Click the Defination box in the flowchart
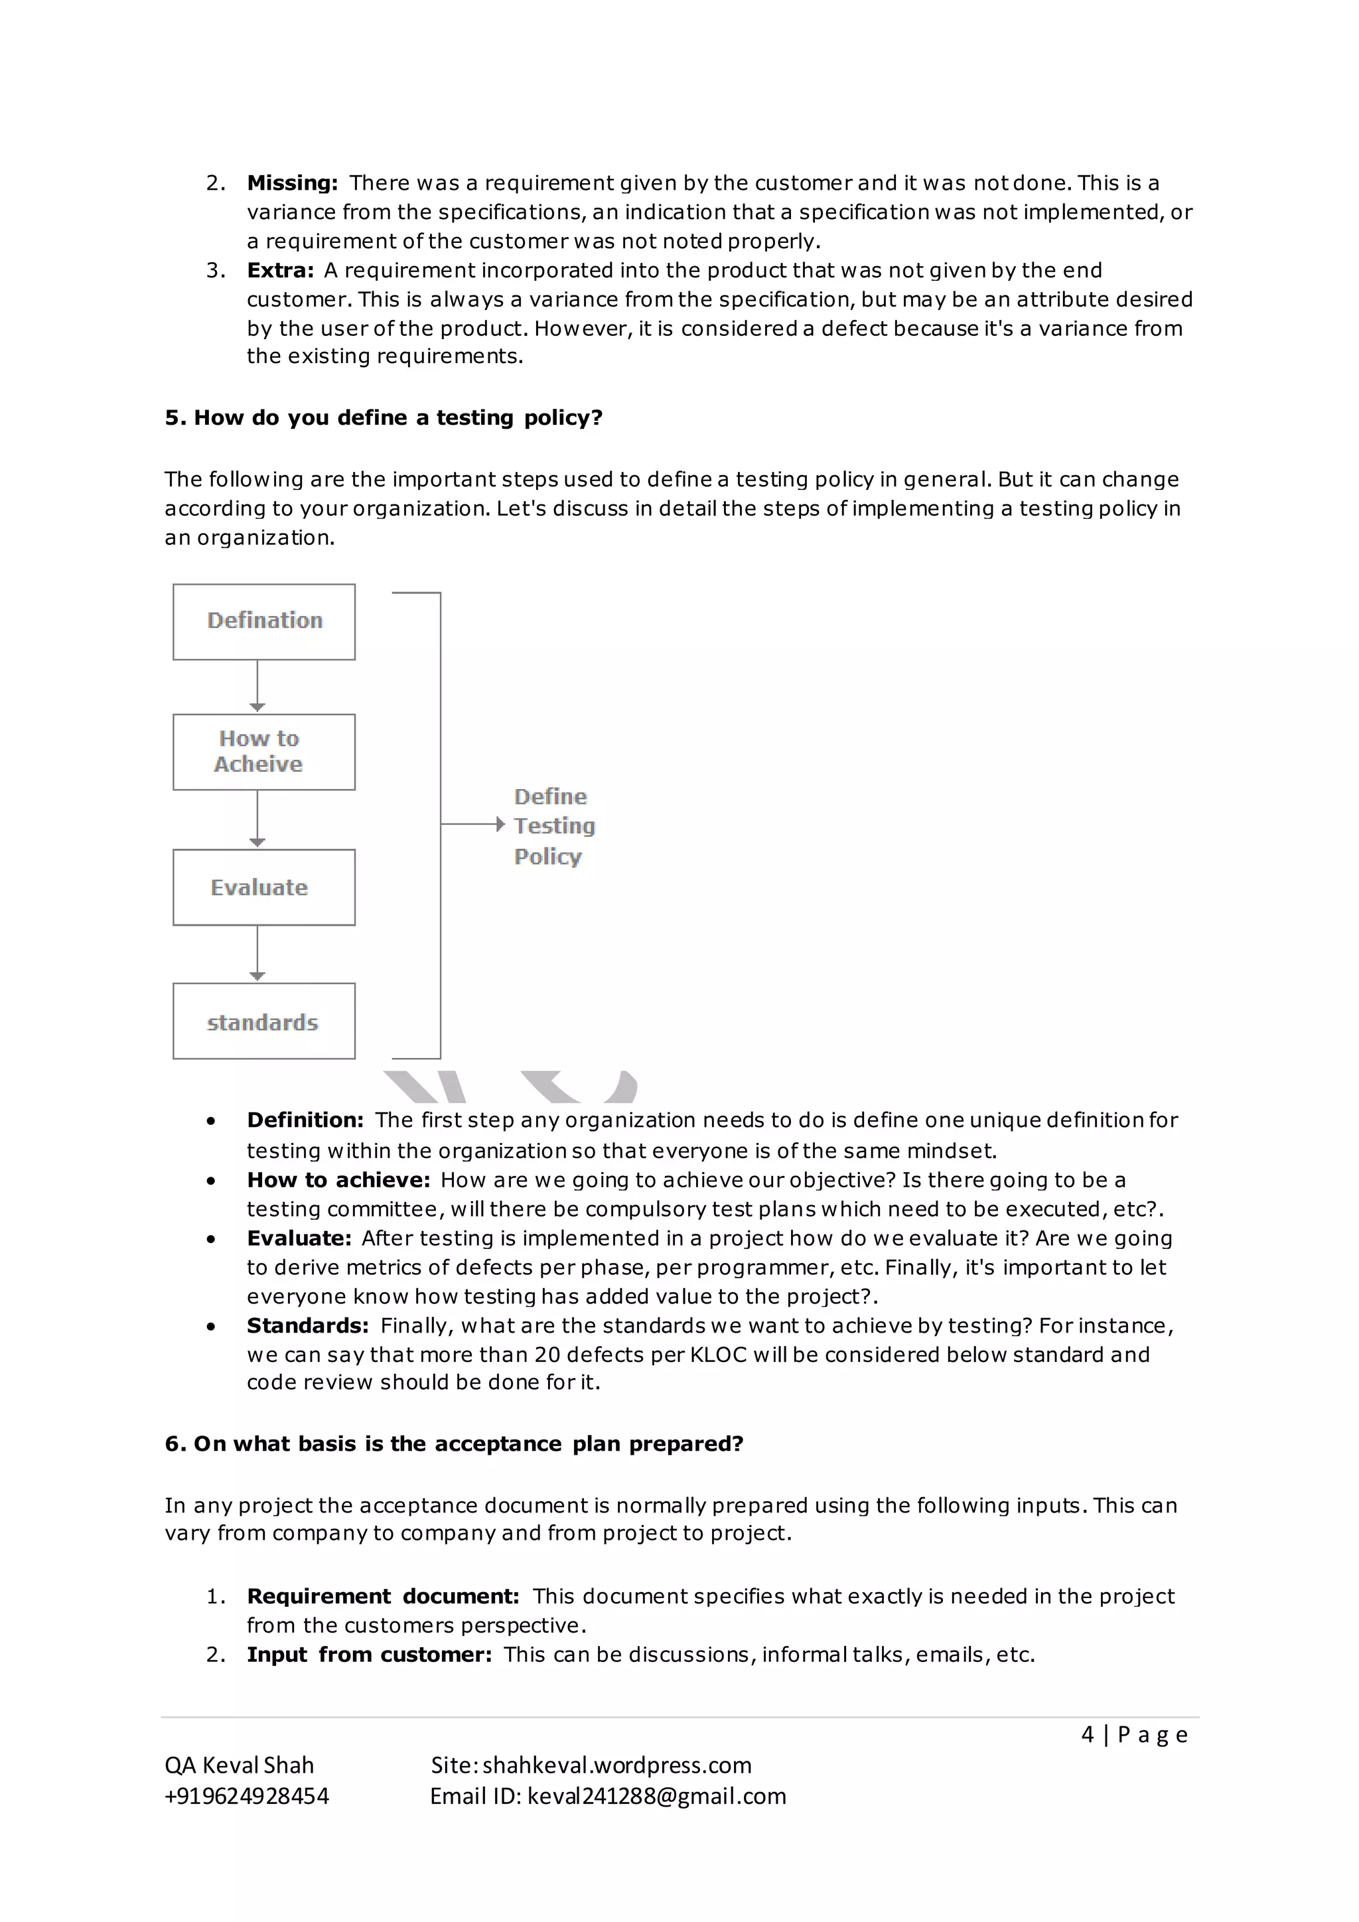click(263, 621)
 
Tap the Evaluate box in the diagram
click(263, 887)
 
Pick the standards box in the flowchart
click(263, 1021)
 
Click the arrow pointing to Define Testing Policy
click(473, 824)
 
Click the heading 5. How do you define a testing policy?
click(384, 417)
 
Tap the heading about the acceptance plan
click(454, 1443)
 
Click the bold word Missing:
click(292, 183)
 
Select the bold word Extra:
click(280, 270)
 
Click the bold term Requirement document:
click(382, 1595)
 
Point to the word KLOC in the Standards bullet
click(718, 1355)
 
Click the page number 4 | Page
click(1134, 1734)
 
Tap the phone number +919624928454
click(247, 1796)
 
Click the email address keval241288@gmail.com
click(657, 1796)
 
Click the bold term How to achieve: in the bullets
click(338, 1179)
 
